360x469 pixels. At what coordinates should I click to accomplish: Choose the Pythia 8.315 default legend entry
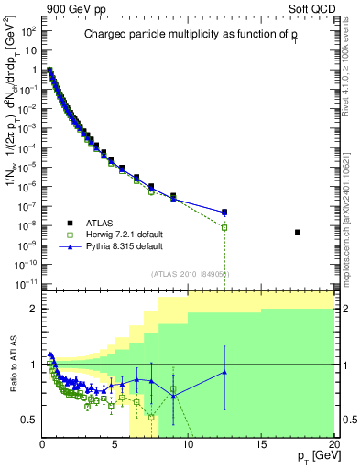tap(120, 246)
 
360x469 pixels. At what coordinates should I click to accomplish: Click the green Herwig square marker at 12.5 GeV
tap(224, 227)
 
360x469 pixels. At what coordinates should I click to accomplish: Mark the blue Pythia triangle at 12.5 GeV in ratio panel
tap(224, 372)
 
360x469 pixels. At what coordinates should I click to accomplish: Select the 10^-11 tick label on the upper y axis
tap(26, 285)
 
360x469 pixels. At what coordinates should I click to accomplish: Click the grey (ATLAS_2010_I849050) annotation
tap(190, 273)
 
